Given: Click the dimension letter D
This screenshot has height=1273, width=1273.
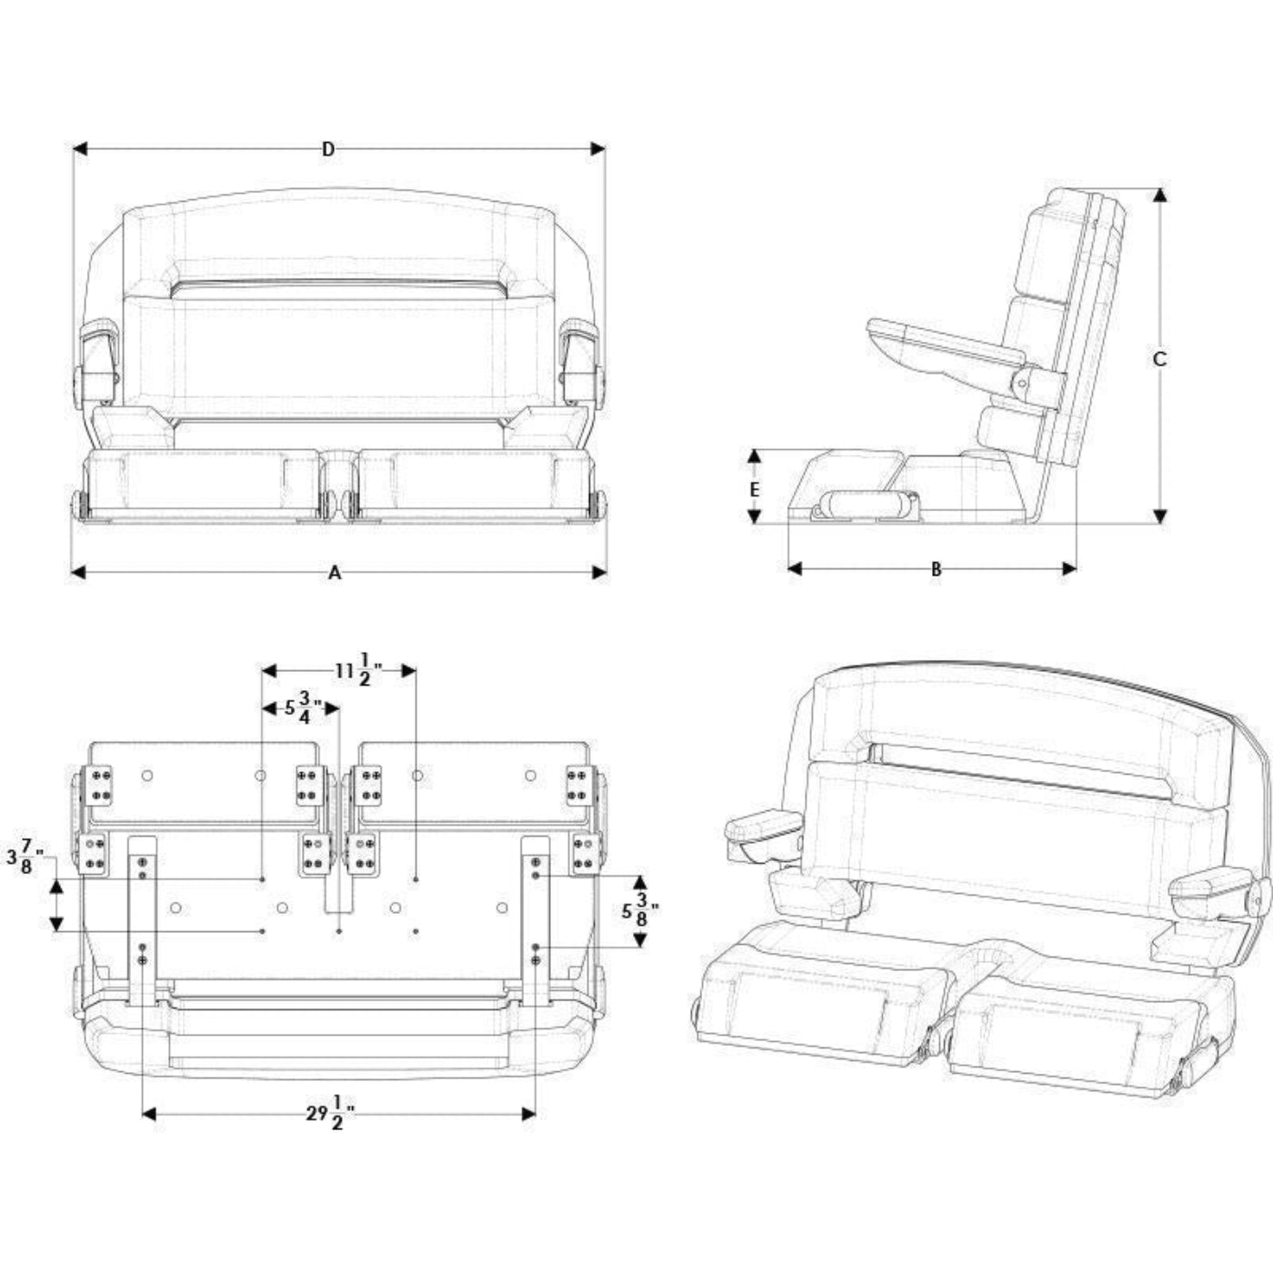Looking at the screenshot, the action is pyautogui.click(x=328, y=149).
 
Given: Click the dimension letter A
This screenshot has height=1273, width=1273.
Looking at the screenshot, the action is pyautogui.click(x=335, y=573).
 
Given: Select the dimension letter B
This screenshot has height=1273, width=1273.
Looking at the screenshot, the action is pyautogui.click(x=936, y=569).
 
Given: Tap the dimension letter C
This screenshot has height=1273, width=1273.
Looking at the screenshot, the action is pyautogui.click(x=1159, y=358).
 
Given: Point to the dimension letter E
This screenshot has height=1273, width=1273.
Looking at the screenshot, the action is pyautogui.click(x=755, y=489).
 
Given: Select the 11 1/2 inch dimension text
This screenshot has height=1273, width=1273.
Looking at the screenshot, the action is pyautogui.click(x=358, y=670).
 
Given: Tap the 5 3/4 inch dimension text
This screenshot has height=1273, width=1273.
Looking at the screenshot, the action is pyautogui.click(x=303, y=707).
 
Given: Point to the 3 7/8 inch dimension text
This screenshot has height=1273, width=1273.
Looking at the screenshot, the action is pyautogui.click(x=25, y=857).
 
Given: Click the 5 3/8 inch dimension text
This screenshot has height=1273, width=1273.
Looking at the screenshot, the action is pyautogui.click(x=640, y=911).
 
